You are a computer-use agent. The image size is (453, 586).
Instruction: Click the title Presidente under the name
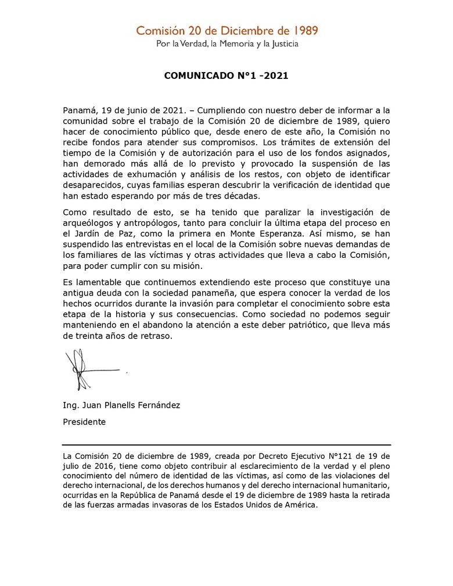[x=84, y=422]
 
